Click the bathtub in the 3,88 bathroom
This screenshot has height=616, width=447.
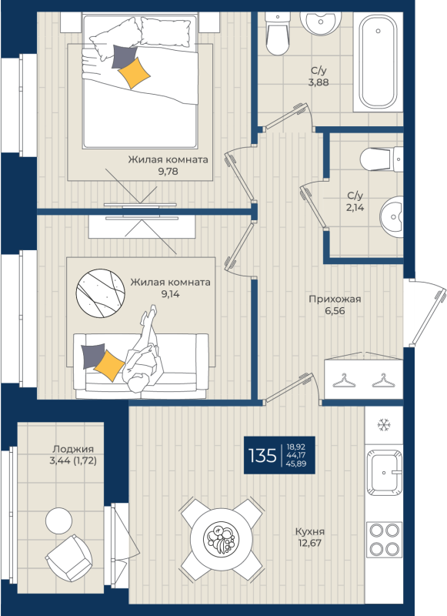(x=378, y=62)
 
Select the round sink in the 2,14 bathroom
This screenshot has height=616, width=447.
(x=392, y=217)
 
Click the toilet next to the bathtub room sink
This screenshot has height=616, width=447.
(x=278, y=34)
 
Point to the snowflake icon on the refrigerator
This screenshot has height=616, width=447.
(x=383, y=425)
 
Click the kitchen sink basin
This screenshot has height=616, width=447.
(x=384, y=473)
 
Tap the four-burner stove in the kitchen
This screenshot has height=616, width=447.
(x=384, y=540)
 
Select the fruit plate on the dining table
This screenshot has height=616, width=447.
(x=221, y=539)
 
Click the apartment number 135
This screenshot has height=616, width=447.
(x=262, y=456)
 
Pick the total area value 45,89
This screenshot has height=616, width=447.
(x=296, y=464)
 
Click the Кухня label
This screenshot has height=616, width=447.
(x=309, y=531)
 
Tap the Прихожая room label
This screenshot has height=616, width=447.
(x=335, y=300)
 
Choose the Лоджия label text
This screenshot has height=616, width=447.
(x=73, y=449)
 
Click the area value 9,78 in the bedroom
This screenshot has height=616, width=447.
(x=168, y=171)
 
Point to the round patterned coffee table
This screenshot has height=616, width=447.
(x=100, y=293)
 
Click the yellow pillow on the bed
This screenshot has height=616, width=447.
(x=134, y=72)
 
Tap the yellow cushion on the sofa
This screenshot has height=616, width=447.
(x=109, y=365)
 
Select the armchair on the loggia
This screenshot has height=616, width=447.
(x=68, y=558)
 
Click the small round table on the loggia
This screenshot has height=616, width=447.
(x=59, y=521)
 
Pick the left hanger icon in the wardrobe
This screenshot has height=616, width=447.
(x=344, y=380)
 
